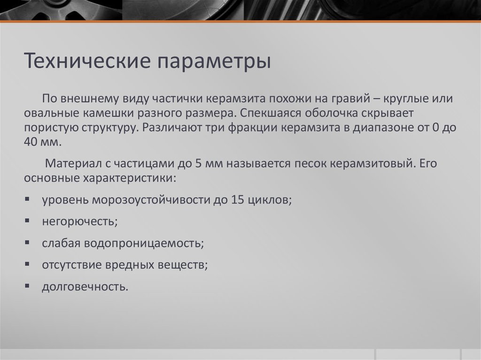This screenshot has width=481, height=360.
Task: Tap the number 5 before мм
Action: click(x=198, y=164)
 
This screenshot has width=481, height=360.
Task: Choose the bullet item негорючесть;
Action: click(x=79, y=222)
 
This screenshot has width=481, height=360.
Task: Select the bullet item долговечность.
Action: click(x=85, y=287)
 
